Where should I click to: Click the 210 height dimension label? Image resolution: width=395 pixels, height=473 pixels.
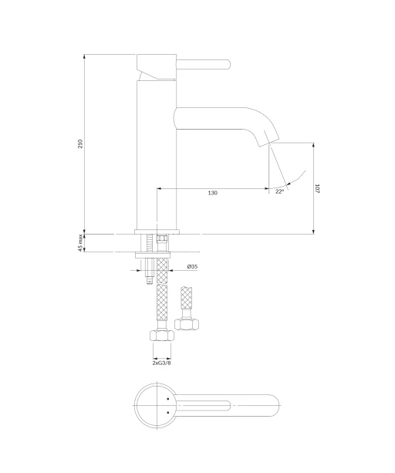(80, 144)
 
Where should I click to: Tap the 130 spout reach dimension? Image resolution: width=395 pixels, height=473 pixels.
(213, 193)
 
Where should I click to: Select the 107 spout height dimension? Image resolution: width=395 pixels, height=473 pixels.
(317, 188)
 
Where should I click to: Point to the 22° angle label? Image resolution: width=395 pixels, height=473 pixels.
(279, 191)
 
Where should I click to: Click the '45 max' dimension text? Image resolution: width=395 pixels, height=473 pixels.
(80, 243)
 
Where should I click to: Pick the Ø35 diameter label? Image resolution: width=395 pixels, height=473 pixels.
(192, 266)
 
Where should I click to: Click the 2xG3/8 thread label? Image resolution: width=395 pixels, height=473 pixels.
(161, 363)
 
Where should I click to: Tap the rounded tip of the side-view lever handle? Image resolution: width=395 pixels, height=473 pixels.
(229, 65)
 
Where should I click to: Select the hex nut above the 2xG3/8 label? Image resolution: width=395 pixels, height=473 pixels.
(162, 336)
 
